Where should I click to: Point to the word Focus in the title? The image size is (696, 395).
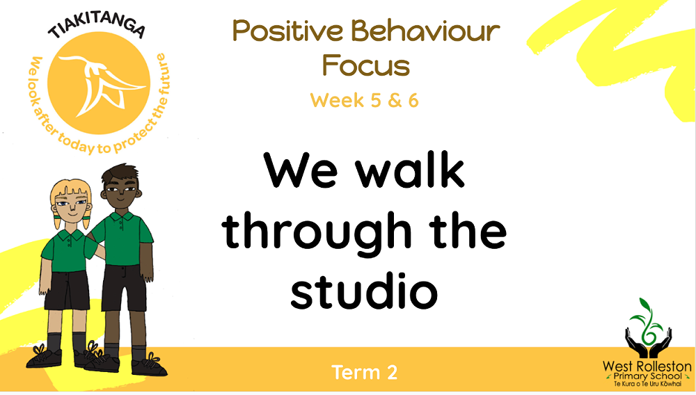tap(365, 66)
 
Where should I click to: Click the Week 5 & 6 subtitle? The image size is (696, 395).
tap(365, 100)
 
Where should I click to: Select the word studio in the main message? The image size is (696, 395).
tap(364, 292)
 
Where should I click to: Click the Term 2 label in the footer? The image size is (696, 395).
tap(365, 372)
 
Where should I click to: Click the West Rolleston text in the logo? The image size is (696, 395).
tap(647, 366)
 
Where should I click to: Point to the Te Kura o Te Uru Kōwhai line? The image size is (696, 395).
tap(647, 384)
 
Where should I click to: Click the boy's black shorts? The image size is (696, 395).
tap(124, 286)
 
